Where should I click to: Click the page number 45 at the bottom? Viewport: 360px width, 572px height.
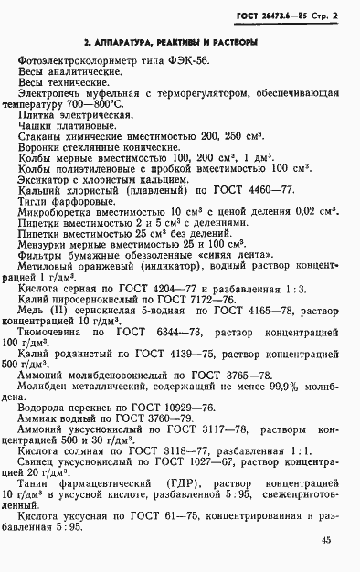pos(326,539)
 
